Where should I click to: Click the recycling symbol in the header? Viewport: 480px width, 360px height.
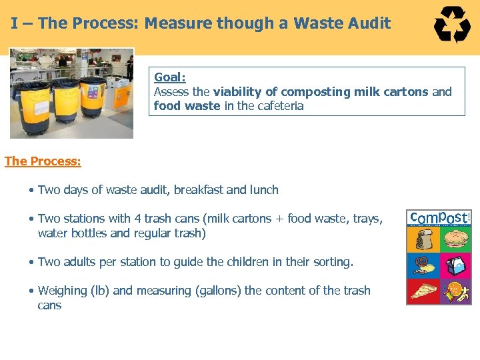click(x=453, y=25)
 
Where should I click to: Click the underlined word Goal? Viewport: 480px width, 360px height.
click(x=170, y=77)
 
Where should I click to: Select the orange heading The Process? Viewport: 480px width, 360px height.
click(x=43, y=161)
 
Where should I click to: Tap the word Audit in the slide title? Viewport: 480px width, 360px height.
click(x=370, y=23)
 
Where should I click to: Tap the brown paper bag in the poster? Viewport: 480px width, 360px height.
click(x=423, y=241)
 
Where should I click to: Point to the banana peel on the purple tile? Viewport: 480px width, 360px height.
click(x=458, y=291)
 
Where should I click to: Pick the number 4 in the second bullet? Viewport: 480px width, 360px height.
click(x=137, y=219)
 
